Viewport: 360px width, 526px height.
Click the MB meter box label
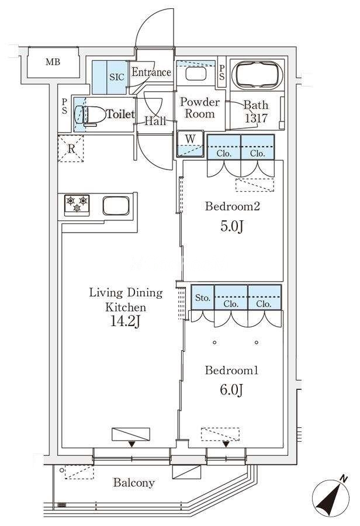click(53, 62)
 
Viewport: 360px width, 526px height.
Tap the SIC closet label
click(117, 77)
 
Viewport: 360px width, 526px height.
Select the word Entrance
click(151, 72)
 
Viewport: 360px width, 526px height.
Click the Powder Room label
click(200, 108)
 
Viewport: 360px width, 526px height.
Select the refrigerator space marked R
click(71, 148)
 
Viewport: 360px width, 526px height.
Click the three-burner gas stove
click(77, 205)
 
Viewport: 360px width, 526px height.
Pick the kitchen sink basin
click(116, 205)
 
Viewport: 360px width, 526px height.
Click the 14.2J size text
click(125, 321)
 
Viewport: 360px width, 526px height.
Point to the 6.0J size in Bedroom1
click(231, 390)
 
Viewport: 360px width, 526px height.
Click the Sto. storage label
click(203, 297)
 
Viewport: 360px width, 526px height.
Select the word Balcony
click(134, 483)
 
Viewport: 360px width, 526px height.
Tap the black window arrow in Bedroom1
click(226, 444)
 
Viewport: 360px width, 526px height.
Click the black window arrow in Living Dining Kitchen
click(132, 444)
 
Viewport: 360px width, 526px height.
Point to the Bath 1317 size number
click(255, 118)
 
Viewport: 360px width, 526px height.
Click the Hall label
click(155, 121)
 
